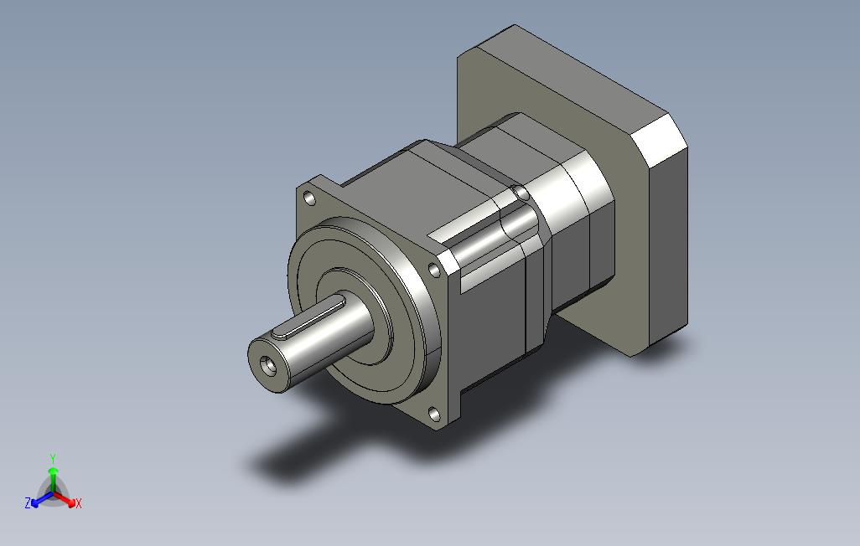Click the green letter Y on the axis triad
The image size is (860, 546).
point(53,458)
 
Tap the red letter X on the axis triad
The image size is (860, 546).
point(79,503)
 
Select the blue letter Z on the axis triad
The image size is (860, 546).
point(28,502)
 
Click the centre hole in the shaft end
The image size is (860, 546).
point(268,363)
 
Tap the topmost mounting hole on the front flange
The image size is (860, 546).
point(310,198)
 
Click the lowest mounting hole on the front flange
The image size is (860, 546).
point(434,414)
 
